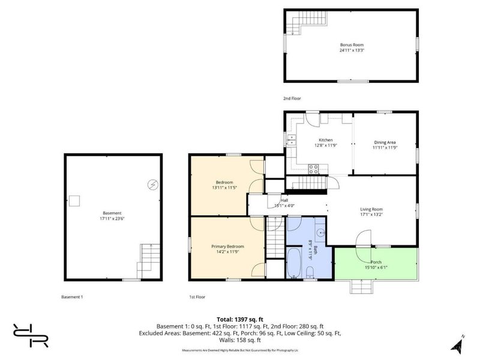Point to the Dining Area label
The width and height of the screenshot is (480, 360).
pyautogui.click(x=385, y=142)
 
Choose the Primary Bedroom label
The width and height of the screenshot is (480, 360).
pyautogui.click(x=227, y=246)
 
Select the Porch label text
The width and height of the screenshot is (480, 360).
pyautogui.click(x=376, y=262)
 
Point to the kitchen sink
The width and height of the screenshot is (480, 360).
pyautogui.click(x=292, y=141)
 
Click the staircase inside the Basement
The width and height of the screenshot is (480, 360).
pyautogui.click(x=148, y=260)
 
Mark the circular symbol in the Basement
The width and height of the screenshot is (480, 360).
pyautogui.click(x=153, y=184)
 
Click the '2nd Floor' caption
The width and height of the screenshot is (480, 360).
pyautogui.click(x=292, y=98)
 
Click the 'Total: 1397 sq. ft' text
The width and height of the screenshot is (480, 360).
pyautogui.click(x=240, y=319)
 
